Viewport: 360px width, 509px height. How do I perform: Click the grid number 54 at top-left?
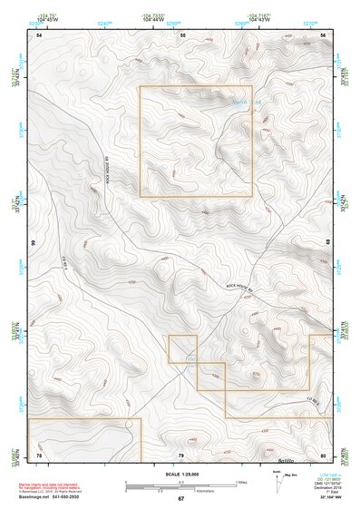tap(39, 34)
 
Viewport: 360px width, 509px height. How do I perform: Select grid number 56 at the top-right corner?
tap(324, 34)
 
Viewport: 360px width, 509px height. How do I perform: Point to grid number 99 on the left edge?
tap(33, 244)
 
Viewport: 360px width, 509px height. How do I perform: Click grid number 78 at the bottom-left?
tap(39, 454)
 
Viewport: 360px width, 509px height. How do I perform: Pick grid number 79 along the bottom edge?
tap(180, 454)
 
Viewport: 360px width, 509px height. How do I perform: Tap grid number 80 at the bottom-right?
tap(323, 454)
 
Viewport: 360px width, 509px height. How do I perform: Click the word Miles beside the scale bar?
tap(240, 481)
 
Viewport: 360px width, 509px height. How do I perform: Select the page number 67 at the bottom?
tap(180, 499)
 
